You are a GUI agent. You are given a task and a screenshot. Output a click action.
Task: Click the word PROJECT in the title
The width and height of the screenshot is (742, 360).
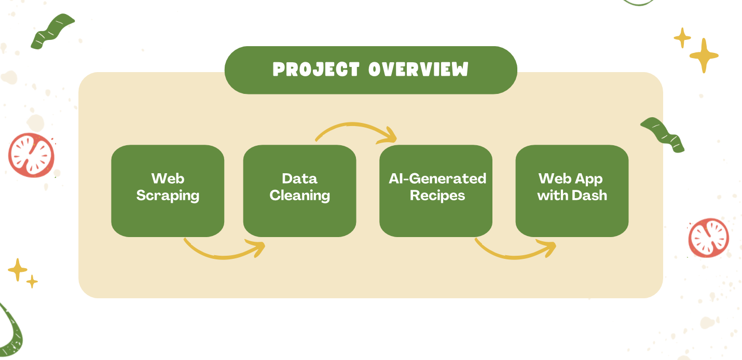(316, 70)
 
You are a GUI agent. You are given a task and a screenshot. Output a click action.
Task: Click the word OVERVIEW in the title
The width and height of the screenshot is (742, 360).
(418, 69)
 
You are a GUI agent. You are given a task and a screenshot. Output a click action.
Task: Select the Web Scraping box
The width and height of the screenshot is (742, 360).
(168, 191)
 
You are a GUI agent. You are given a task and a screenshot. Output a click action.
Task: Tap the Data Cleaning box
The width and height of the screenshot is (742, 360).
(299, 191)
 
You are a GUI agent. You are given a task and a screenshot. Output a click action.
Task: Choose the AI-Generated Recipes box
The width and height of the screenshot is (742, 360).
(436, 191)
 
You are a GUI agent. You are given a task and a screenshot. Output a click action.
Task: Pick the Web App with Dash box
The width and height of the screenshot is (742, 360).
(572, 191)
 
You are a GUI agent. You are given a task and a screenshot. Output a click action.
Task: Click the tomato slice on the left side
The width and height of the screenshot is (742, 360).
(31, 155)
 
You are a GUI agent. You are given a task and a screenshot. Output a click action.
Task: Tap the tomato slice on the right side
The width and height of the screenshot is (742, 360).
(709, 238)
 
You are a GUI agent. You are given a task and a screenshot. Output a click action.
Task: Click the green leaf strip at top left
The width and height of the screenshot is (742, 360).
(52, 31)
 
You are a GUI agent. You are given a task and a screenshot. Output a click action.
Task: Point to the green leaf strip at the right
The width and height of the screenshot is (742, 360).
(663, 135)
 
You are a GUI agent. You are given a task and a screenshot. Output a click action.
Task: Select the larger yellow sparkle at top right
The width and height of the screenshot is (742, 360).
(704, 56)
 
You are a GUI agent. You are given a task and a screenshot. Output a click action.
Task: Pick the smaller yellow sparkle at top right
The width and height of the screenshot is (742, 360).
(682, 38)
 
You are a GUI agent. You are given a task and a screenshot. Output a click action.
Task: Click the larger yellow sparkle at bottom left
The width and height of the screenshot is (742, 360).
(18, 270)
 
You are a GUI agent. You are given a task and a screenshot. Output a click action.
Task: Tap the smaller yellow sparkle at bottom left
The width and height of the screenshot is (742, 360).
(32, 282)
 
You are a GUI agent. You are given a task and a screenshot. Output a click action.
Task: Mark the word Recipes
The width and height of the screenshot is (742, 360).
(437, 196)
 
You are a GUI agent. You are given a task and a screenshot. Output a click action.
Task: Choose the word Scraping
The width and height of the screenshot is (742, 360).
(168, 196)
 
